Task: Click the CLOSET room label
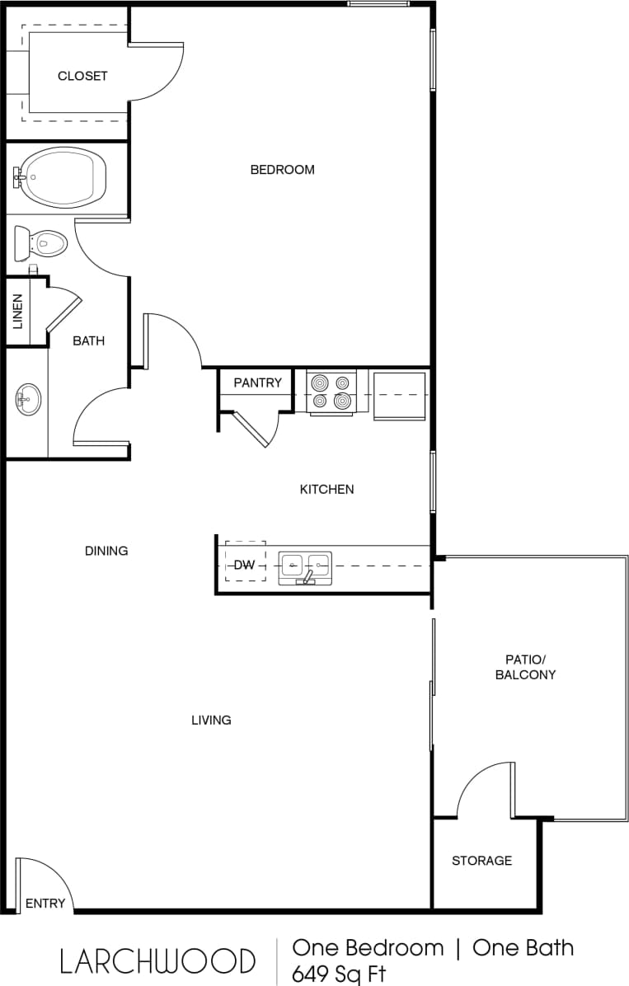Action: (82, 76)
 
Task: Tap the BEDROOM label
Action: (282, 170)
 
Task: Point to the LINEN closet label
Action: (17, 312)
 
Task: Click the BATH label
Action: (88, 340)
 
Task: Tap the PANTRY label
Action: (257, 383)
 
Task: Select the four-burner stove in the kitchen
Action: (332, 392)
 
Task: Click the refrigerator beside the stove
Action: (400, 395)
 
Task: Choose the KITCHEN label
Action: (326, 489)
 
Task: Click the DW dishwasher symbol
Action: (245, 565)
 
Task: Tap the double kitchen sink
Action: (305, 566)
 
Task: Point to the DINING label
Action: (106, 551)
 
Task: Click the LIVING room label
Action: (211, 720)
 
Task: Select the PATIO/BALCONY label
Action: (525, 667)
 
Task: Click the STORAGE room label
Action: (481, 861)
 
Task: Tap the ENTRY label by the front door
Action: (45, 903)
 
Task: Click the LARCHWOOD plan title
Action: (157, 960)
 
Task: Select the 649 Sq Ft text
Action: (339, 974)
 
